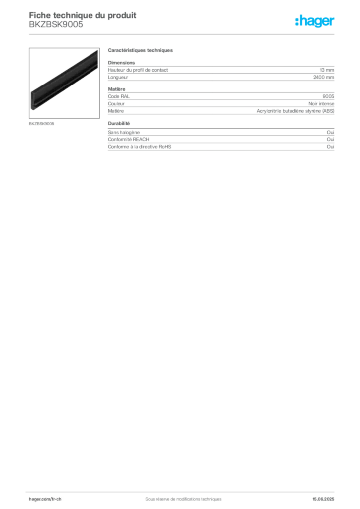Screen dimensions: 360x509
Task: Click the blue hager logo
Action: (315, 21)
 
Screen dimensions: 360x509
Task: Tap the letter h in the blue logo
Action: (299, 21)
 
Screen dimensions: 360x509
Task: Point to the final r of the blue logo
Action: (334, 22)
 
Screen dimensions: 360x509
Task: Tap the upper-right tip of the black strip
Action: (96, 53)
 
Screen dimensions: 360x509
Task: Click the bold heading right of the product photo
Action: (141, 52)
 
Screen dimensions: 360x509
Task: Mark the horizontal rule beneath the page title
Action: (183, 34)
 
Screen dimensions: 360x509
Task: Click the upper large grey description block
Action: (221, 103)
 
